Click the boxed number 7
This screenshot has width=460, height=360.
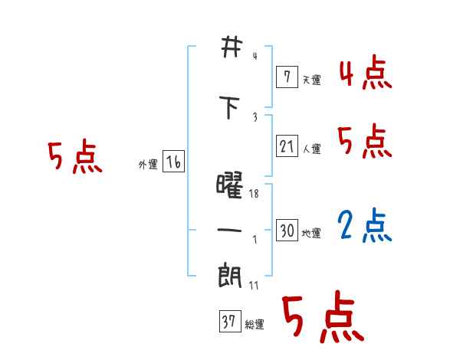click(x=286, y=76)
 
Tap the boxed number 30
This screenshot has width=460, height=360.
click(x=287, y=231)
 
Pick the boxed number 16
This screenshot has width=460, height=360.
click(x=173, y=162)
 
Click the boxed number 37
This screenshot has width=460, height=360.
click(x=228, y=322)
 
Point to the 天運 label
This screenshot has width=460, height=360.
click(x=311, y=79)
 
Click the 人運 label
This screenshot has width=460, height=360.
click(x=311, y=148)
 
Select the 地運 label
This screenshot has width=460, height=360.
click(x=311, y=234)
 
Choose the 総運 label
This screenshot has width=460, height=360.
click(x=254, y=325)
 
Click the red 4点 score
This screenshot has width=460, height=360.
click(x=365, y=73)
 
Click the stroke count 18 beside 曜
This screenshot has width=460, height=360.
click(x=254, y=195)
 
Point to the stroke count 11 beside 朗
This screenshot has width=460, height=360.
click(x=254, y=285)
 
